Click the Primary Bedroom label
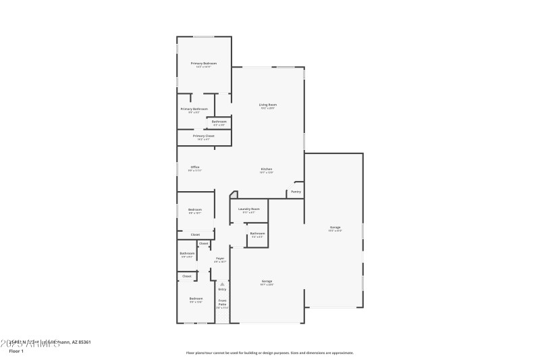click(x=203, y=63)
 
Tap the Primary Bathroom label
click(x=194, y=109)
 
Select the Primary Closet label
click(x=203, y=136)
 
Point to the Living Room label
click(x=268, y=105)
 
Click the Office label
click(x=194, y=167)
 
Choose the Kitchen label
click(x=267, y=169)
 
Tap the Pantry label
click(x=296, y=192)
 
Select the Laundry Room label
click(x=249, y=209)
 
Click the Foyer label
click(x=220, y=258)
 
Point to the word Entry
click(x=222, y=289)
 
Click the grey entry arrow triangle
click(x=222, y=284)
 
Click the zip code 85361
click(x=84, y=342)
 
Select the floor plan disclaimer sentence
click(x=269, y=353)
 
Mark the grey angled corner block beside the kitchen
click(x=234, y=194)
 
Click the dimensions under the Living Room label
click(x=268, y=109)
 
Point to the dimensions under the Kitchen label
click(x=267, y=173)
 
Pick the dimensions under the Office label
click(x=194, y=171)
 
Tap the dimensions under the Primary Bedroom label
click(x=203, y=67)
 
